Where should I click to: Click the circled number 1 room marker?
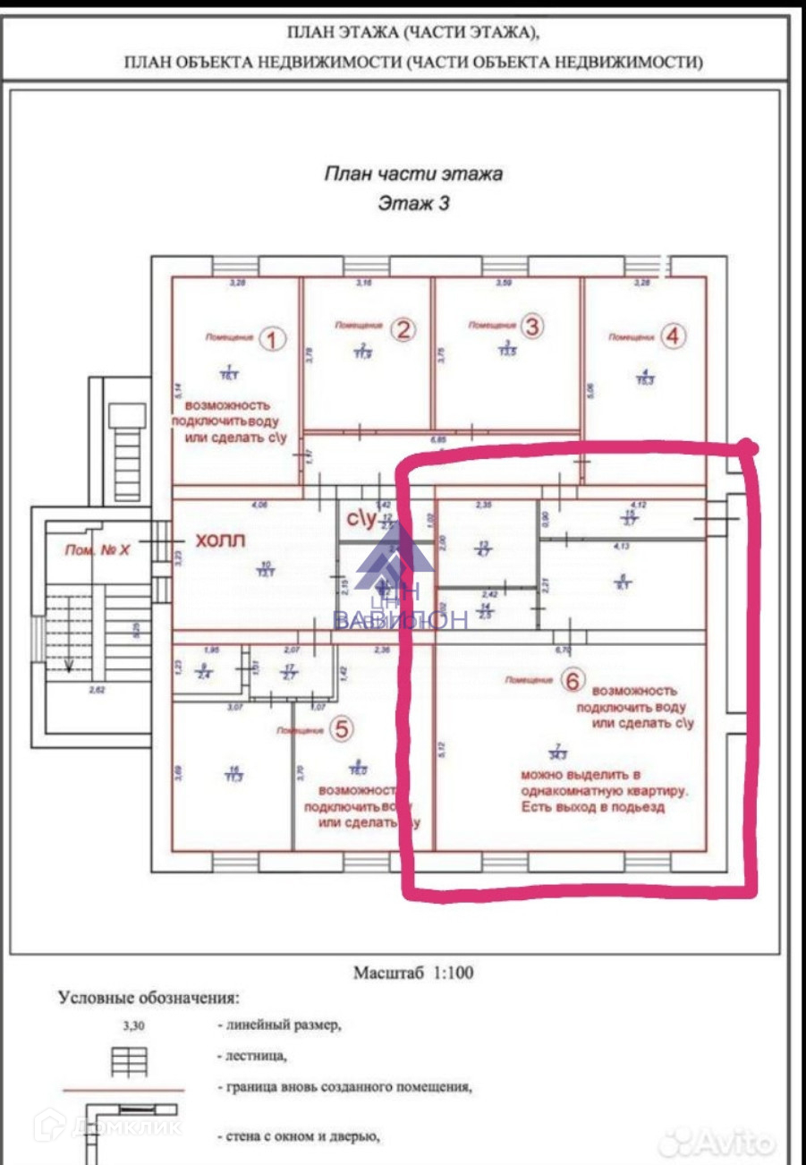coord(273,338)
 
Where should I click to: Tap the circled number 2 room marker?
coord(403,330)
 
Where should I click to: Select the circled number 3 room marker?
coord(531,327)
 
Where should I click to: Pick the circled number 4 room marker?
coord(674,336)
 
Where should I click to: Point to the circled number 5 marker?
coord(341,729)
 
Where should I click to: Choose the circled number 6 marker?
coord(573,681)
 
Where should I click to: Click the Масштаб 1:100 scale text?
coord(413,973)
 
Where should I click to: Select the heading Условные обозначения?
coord(148,997)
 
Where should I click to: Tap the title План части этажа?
coord(412,174)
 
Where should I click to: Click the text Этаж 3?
coord(413,203)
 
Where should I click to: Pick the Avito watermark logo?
coord(726,1141)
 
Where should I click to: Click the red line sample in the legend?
coord(123,1090)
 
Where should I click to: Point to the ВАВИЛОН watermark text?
coord(400,620)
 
